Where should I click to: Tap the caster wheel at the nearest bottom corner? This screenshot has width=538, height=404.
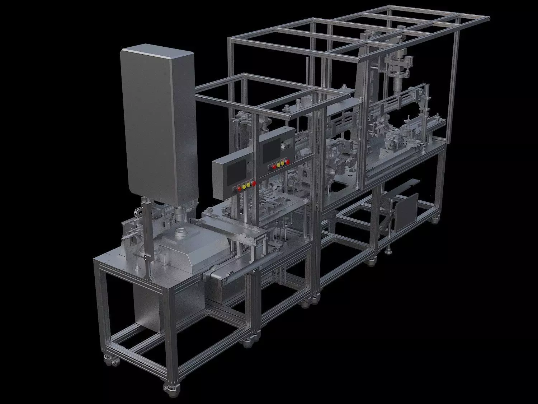point(168,388)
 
